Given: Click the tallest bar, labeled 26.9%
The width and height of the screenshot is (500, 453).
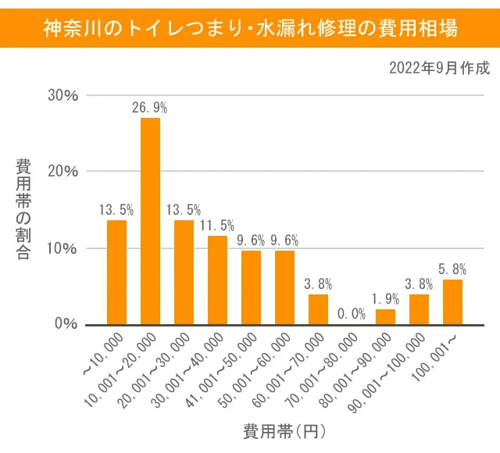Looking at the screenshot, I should tap(150, 221).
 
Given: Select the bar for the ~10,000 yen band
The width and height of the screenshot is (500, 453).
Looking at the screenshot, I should tap(116, 272).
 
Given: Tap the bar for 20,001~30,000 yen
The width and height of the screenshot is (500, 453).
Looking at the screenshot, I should tap(184, 272).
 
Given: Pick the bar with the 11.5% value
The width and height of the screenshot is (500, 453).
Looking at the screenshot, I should tap(217, 280).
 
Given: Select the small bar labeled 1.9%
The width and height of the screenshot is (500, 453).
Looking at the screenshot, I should tap(385, 316).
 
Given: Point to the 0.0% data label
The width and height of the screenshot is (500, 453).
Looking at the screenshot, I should tap(352, 314).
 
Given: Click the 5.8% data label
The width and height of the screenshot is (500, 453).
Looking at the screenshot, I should tap(452, 269).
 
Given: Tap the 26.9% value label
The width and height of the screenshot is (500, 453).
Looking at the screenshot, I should tap(150, 108).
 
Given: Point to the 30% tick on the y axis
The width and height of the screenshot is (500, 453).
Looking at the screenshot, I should tap(62, 95).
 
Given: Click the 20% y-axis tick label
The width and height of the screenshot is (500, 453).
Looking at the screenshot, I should tap(62, 171).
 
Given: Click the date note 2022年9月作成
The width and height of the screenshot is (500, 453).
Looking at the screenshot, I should tap(439, 68).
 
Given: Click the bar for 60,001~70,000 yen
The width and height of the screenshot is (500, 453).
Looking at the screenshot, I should tap(318, 309).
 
